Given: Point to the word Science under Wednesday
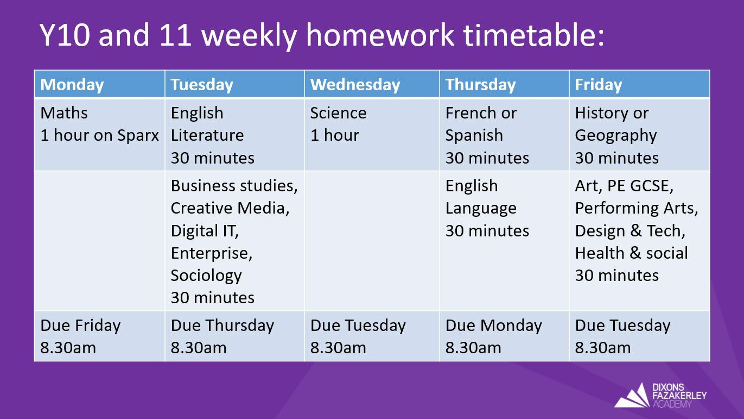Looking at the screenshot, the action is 338,113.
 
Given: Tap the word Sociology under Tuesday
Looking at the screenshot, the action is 206,276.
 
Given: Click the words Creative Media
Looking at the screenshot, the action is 230,208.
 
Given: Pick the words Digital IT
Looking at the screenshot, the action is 205,231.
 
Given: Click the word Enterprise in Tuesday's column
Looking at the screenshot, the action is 212,253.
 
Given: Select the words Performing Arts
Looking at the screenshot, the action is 637,208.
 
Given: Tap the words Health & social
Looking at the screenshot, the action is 632,253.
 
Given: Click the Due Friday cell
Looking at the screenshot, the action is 99,336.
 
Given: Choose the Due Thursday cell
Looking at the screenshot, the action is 234,336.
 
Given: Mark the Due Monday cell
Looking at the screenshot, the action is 504,336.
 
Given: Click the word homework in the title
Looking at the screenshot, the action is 380,35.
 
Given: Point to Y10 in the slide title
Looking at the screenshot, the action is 65,35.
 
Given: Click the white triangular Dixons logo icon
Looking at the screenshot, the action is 632,396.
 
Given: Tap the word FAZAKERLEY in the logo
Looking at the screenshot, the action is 679,396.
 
